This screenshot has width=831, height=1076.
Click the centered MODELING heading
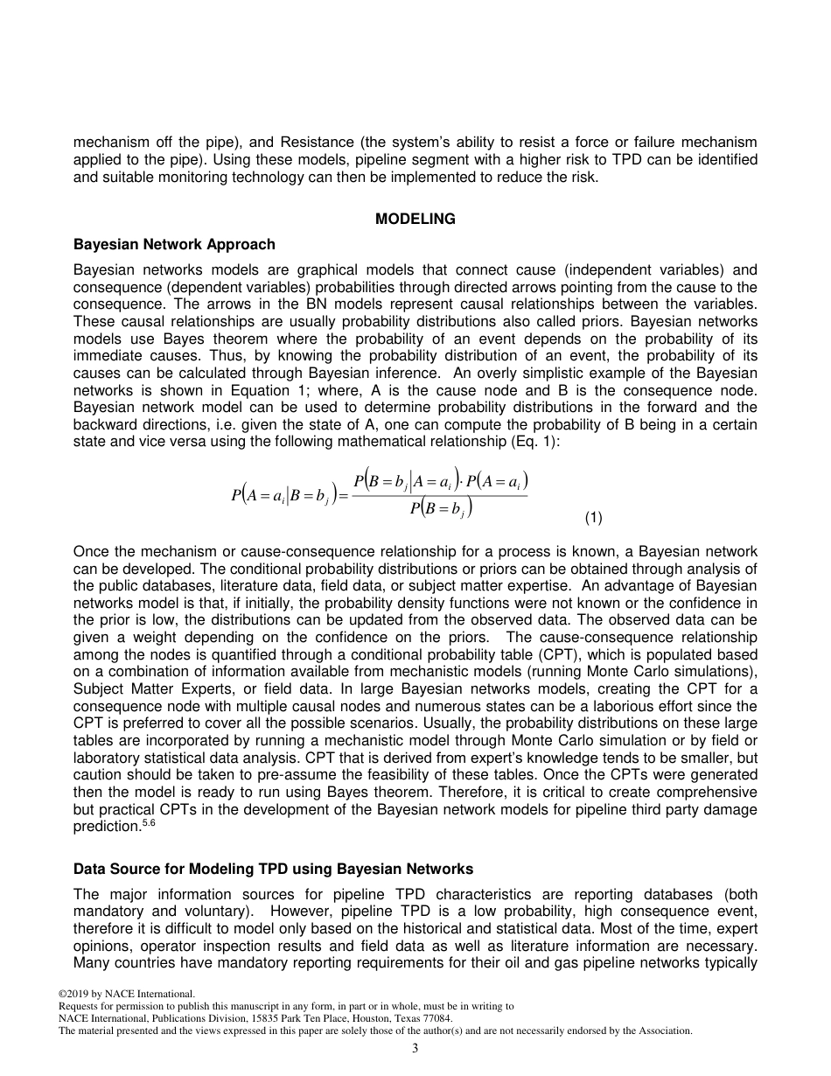pyautogui.click(x=415, y=219)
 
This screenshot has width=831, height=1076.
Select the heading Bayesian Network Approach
pyautogui.click(x=174, y=244)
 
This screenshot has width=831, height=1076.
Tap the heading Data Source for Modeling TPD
pyautogui.click(x=273, y=869)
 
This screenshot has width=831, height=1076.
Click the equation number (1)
pyautogui.click(x=593, y=518)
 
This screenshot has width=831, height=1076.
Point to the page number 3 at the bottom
pyautogui.click(x=415, y=1048)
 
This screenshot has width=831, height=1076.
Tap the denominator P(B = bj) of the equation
pyautogui.click(x=441, y=508)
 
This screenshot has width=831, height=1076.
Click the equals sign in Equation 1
pyautogui.click(x=343, y=496)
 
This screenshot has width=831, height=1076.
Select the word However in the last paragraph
pyautogui.click(x=287, y=911)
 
